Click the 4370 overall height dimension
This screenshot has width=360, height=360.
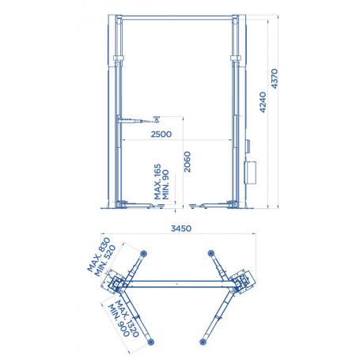click(x=275, y=78)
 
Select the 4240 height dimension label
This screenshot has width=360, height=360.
click(x=263, y=102)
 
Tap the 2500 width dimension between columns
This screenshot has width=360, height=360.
click(x=161, y=135)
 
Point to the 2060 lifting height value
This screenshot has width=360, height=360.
click(x=187, y=161)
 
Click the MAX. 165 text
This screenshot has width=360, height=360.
click(x=157, y=182)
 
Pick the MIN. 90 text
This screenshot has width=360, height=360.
click(x=165, y=184)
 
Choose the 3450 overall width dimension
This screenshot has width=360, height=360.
click(x=181, y=229)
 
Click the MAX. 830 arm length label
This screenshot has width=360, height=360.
click(x=99, y=255)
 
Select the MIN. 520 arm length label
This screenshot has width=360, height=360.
click(x=105, y=261)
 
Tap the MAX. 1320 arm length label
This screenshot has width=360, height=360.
click(x=127, y=318)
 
